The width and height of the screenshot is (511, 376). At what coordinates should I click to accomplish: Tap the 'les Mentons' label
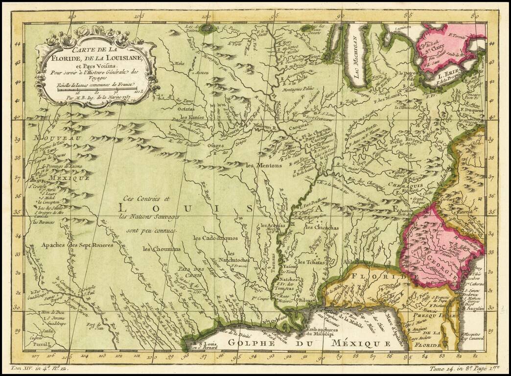click(x=264, y=165)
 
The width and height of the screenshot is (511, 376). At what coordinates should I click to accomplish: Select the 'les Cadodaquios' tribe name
click(x=215, y=238)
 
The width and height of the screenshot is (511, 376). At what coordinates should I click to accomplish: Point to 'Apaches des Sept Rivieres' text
click(x=77, y=244)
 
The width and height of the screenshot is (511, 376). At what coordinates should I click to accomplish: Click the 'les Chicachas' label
click(x=322, y=228)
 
